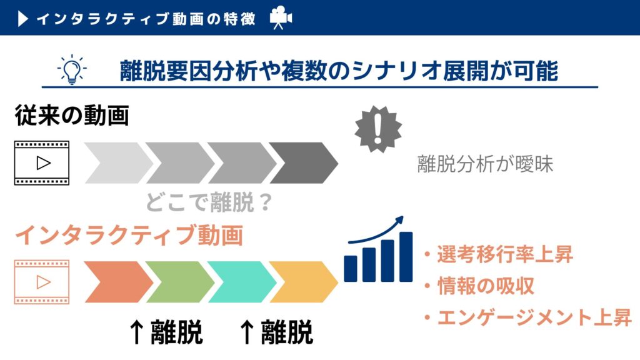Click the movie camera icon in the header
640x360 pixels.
coord(281,17)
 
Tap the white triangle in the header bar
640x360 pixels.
coord(22,19)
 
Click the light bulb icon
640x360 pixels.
coord(72,70)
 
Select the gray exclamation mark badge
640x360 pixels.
coord(378,129)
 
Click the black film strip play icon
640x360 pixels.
coord(42,163)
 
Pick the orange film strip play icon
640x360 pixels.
coord(42,282)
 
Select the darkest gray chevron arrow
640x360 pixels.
coord(304,163)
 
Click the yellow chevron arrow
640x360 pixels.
coord(304,282)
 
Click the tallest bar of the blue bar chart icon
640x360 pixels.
coord(406,257)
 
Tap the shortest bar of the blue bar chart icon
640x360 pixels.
coord(351,269)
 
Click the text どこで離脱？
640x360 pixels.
coord(209,202)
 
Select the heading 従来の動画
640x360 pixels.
coord(72,115)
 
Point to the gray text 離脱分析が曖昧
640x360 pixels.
coord(485,164)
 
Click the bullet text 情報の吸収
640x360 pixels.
coord(486,286)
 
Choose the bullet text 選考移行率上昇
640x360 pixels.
coord(505,254)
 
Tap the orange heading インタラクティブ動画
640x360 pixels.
coord(129,236)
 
